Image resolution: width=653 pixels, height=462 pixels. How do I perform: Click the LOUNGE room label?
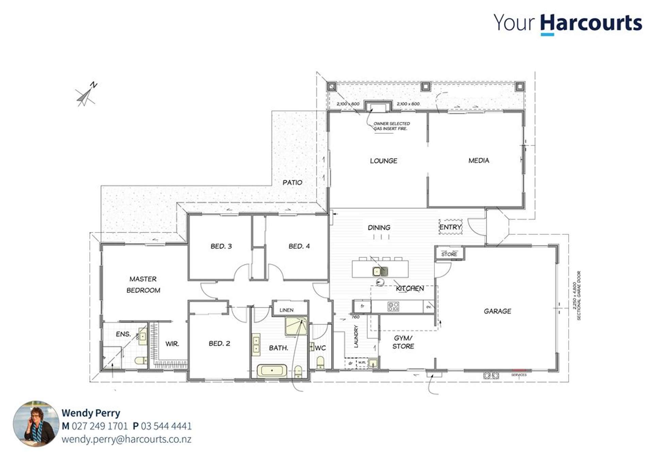(383, 161)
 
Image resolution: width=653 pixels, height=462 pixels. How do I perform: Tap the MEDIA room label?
(479, 161)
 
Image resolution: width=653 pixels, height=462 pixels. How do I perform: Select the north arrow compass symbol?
(86, 94)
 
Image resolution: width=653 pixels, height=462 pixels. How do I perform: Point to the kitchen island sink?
(380, 271)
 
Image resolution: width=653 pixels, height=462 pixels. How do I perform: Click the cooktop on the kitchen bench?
(393, 307)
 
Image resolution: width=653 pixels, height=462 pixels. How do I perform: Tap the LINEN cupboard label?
(286, 310)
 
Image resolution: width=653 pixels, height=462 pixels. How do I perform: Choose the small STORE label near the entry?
(449, 254)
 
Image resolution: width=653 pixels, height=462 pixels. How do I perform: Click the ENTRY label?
(450, 227)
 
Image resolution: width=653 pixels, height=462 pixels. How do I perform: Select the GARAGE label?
(497, 311)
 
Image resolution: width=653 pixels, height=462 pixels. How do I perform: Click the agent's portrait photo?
(36, 424)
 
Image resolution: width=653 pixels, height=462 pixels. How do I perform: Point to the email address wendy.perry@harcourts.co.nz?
(126, 439)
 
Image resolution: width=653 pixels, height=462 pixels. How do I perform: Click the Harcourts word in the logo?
(591, 23)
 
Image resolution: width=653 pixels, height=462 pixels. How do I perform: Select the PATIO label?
(292, 182)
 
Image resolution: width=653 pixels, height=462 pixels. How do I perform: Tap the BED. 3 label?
(221, 246)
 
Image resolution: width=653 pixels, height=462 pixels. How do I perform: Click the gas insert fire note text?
(391, 126)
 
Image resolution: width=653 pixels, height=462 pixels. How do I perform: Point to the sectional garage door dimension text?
(576, 295)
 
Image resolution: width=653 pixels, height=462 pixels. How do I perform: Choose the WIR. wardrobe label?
(172, 344)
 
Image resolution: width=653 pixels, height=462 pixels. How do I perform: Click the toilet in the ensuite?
(140, 360)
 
